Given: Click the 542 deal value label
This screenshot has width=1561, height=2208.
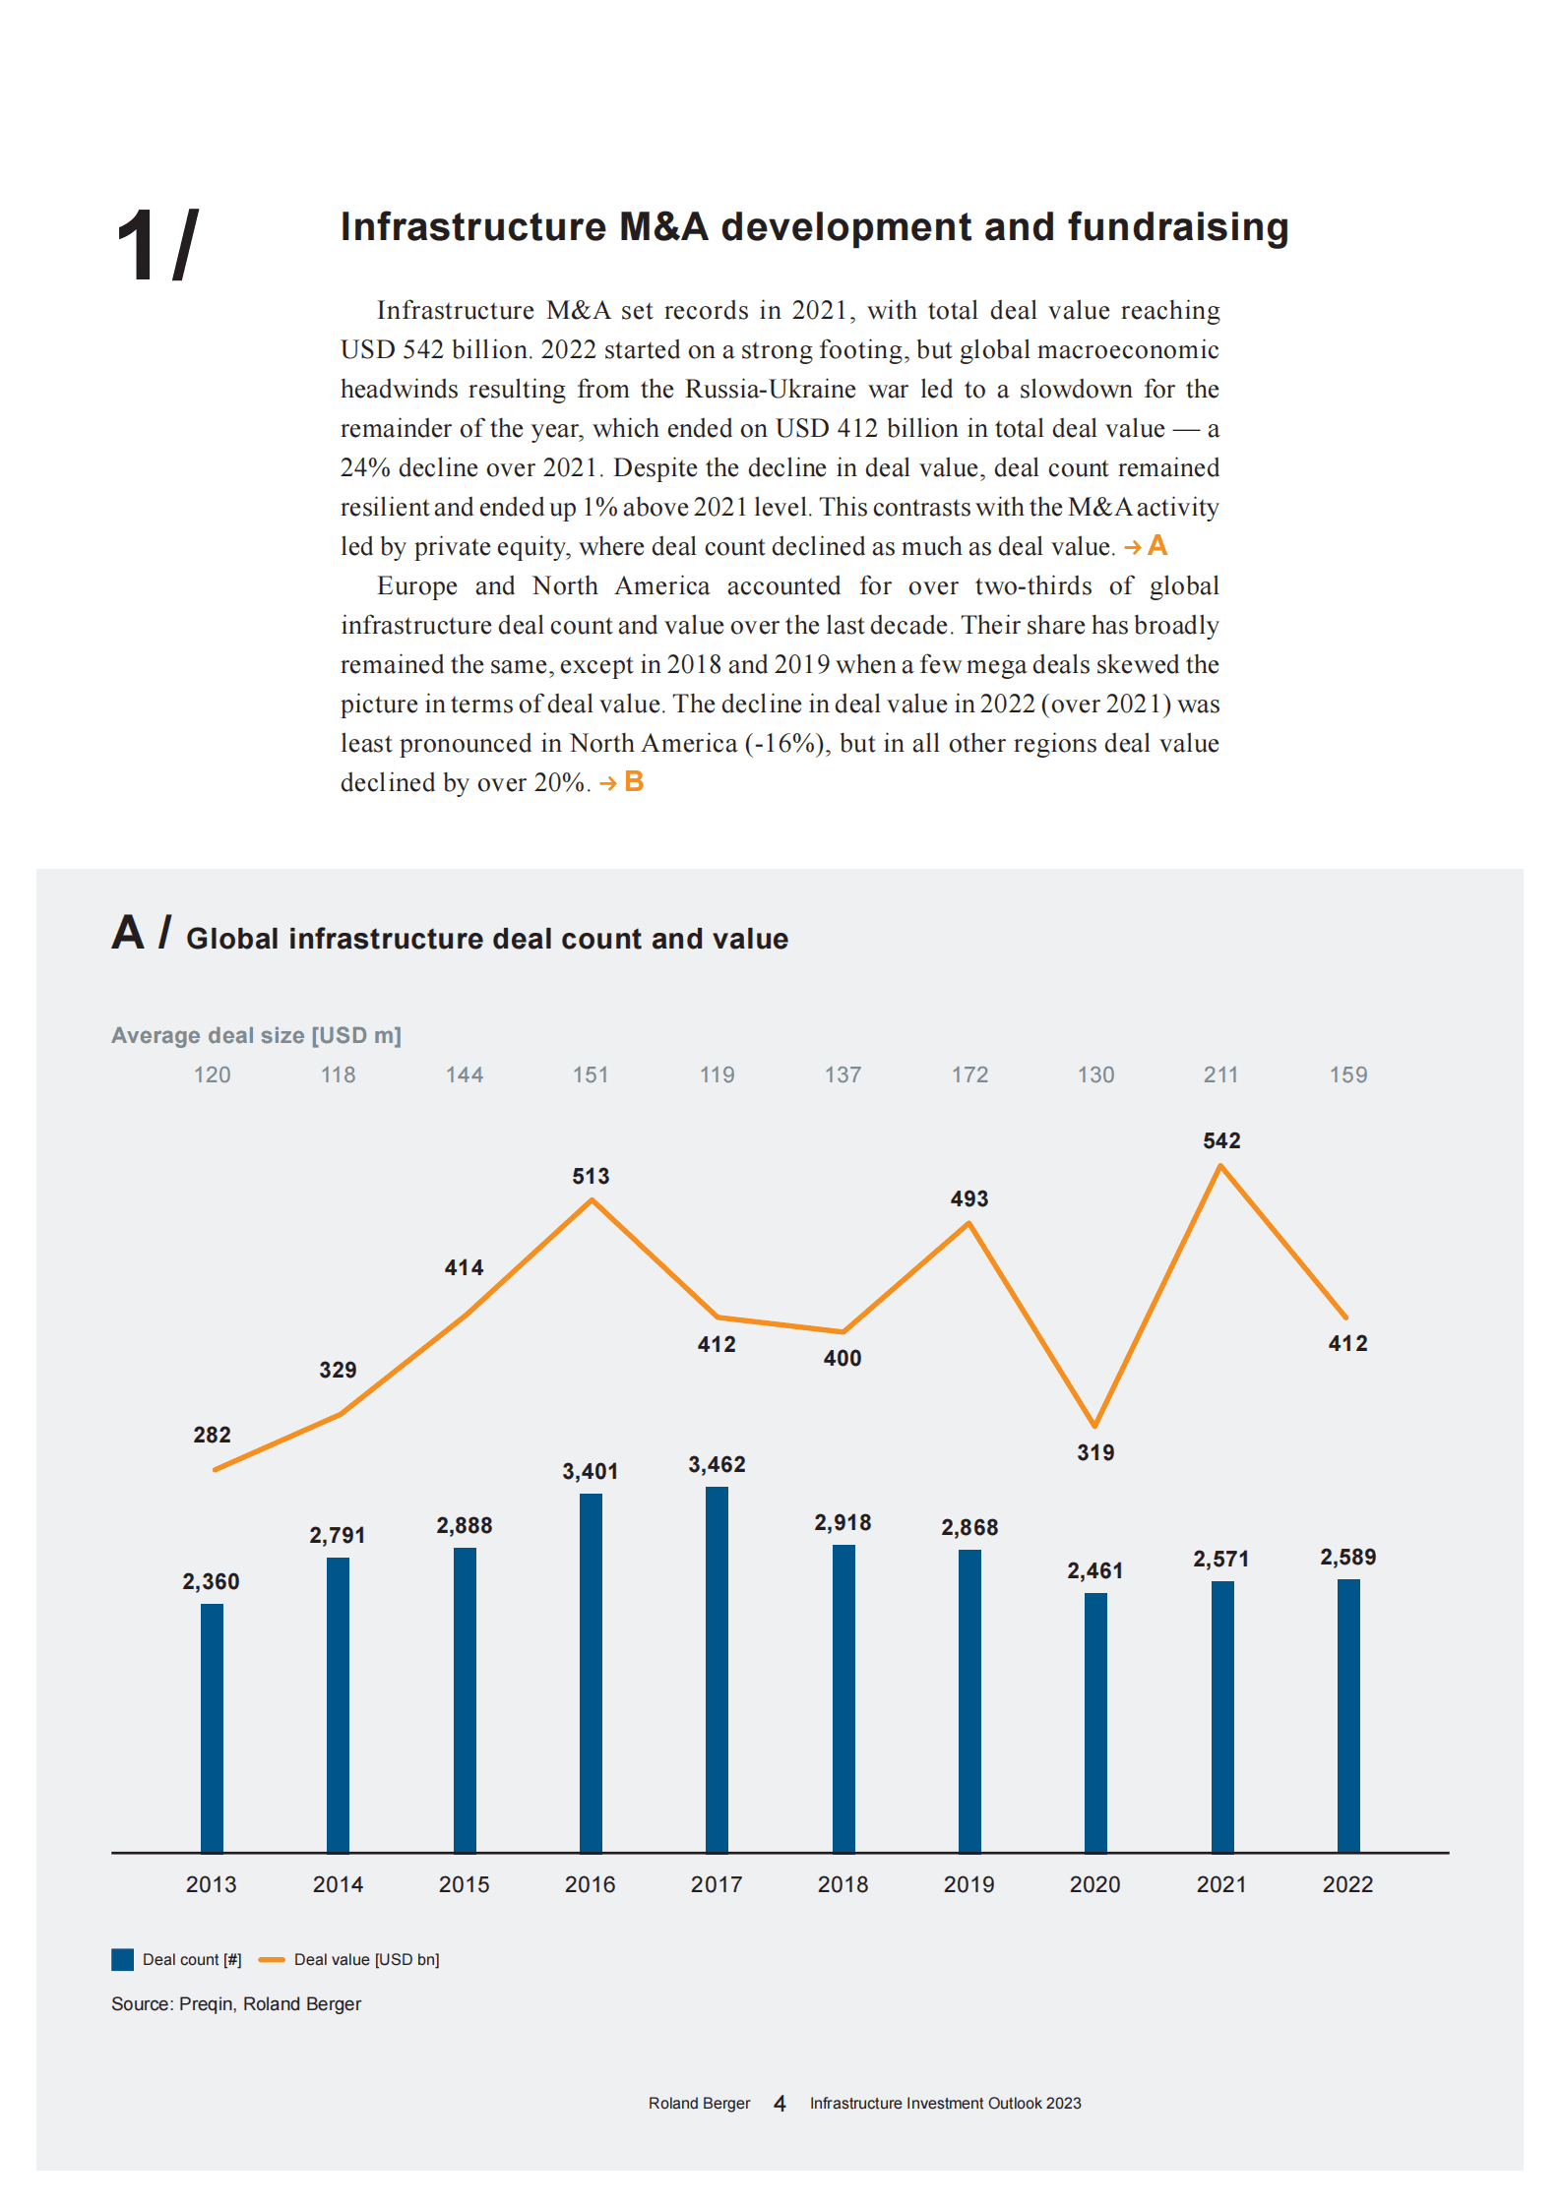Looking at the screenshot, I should point(1221,1140).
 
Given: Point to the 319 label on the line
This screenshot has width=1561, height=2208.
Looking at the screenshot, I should point(1095,1452).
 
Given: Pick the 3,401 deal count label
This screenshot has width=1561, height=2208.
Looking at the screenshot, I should point(591,1471).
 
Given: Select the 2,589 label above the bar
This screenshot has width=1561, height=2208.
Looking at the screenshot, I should point(1347,1557).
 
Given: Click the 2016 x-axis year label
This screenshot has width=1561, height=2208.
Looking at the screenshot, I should point(591,1884).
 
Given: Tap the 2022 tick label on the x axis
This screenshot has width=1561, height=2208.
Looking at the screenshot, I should point(1347,1884).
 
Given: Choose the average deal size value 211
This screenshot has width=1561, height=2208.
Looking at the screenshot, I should point(1221,1074).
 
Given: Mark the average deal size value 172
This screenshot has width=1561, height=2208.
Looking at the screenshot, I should point(969,1074).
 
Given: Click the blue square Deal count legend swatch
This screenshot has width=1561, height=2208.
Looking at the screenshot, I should point(123,1959).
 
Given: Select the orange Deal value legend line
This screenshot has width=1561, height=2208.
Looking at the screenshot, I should point(272,1959).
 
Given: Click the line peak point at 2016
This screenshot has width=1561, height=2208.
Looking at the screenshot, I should point(592,1200).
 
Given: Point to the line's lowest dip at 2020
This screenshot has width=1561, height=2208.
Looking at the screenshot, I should point(1094,1425).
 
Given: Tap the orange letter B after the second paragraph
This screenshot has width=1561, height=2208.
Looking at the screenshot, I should point(634,782).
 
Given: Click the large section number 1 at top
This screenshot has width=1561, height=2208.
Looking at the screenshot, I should point(136,246).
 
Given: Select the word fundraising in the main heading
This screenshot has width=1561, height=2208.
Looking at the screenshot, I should point(1178,227).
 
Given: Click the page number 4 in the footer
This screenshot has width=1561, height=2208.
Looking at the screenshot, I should point(780,2103).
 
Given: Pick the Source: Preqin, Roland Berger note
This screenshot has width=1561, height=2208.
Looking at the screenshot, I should point(236,2004).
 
